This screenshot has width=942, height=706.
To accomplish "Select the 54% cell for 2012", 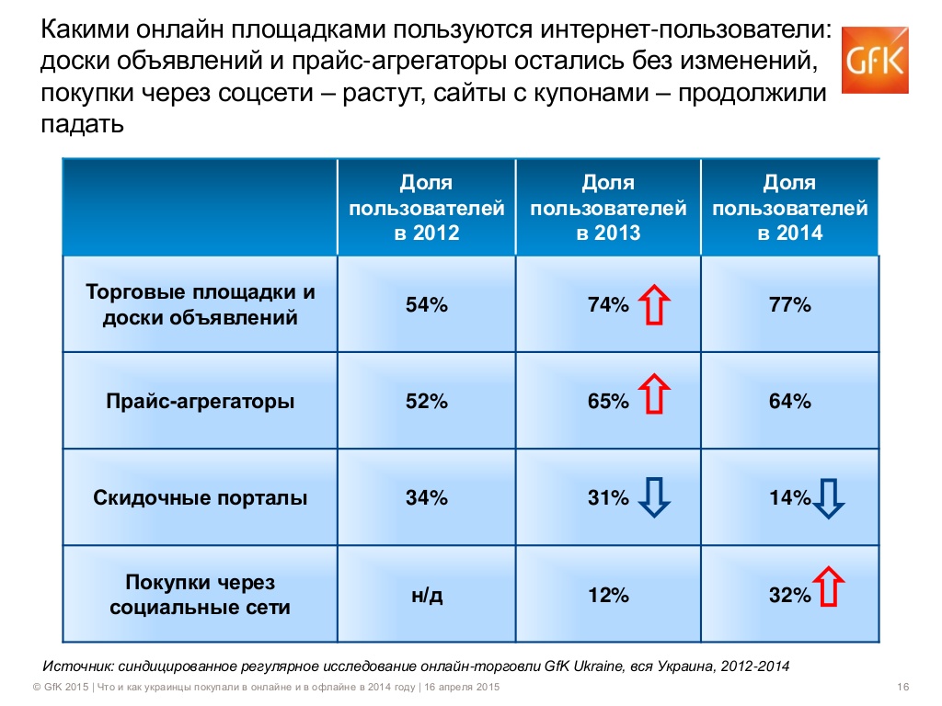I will click(x=427, y=305).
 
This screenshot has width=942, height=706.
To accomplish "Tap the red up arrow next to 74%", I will click(x=654, y=305).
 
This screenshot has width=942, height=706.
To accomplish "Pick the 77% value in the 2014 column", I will click(x=790, y=305).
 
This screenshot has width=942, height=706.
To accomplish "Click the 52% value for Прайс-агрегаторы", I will click(x=427, y=402).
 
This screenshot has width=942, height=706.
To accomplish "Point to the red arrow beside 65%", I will click(x=654, y=395).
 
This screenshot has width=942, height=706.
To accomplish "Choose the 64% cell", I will click(x=790, y=402).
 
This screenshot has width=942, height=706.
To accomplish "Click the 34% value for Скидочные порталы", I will click(x=427, y=498).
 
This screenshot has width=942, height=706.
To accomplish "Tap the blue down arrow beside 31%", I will click(x=654, y=497).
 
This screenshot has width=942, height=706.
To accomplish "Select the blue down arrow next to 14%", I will click(x=829, y=497).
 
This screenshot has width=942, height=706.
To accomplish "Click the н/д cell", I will click(x=427, y=596).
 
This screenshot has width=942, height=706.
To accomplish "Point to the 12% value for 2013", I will click(x=608, y=596).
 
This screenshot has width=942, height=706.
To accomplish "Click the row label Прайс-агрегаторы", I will click(x=201, y=402).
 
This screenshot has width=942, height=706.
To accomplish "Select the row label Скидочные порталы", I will click(x=201, y=498).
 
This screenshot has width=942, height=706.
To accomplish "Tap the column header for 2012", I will click(x=427, y=209).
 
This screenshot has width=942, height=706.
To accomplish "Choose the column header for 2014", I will click(x=790, y=209).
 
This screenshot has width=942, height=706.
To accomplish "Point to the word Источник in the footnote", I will click(x=78, y=666).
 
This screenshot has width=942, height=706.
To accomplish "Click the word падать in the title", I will click(x=81, y=124).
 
